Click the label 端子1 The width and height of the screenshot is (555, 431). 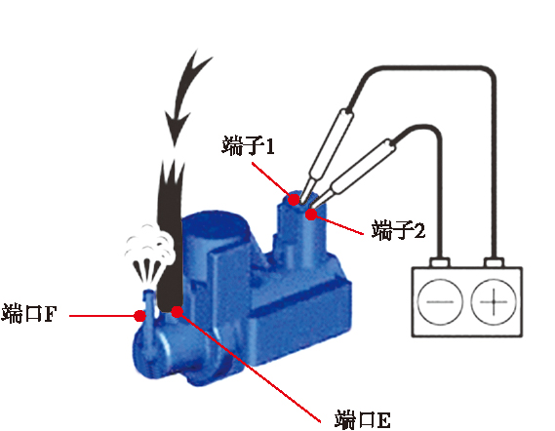[248, 146]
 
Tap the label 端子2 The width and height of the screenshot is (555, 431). [398, 230]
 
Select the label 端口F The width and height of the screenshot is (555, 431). [29, 313]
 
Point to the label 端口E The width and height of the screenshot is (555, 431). [363, 419]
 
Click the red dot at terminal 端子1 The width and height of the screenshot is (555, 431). [294, 200]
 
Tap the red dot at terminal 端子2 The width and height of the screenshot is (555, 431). [311, 215]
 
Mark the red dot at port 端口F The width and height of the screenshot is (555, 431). [140, 316]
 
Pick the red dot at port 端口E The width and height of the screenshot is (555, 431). [177, 311]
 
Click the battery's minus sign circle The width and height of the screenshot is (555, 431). [440, 302]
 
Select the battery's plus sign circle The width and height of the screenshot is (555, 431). [494, 302]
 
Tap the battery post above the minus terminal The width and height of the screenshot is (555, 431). [440, 262]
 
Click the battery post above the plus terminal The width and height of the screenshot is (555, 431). [494, 262]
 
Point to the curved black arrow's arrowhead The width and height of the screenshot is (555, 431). [176, 129]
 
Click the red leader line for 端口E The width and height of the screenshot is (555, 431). [250, 368]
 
